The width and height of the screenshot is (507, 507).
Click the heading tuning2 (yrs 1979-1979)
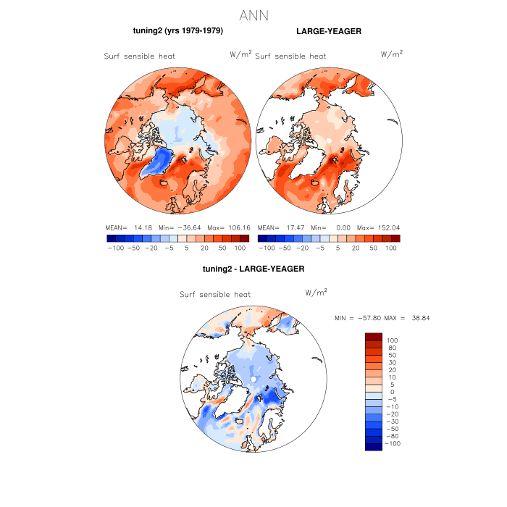(177, 32)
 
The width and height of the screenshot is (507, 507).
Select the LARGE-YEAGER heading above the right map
(329, 32)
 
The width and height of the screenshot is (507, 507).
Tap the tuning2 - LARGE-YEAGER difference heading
(253, 269)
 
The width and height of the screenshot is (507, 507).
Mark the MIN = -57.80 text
(358, 318)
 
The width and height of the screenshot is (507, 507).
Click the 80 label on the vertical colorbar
(392, 348)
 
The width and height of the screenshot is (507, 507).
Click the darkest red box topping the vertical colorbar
(374, 337)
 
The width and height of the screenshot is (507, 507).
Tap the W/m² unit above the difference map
(317, 292)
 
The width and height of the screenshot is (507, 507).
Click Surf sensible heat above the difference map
(215, 295)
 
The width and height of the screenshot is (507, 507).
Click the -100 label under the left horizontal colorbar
(115, 248)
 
